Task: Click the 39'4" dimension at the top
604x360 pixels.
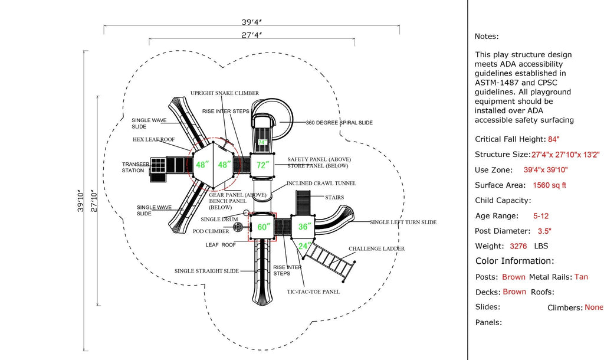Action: tap(252, 21)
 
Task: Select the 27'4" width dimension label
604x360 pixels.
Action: tap(252, 35)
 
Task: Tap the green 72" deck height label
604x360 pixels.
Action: tap(262, 165)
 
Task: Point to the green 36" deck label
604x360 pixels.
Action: tap(304, 227)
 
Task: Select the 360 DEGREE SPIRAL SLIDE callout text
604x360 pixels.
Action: tap(339, 123)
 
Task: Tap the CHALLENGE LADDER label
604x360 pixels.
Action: tap(376, 249)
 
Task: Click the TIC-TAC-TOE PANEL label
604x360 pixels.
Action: tap(313, 292)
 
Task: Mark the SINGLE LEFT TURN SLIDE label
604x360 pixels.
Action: tap(403, 222)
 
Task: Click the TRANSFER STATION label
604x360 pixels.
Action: tap(133, 167)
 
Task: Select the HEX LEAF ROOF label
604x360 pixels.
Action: tap(153, 140)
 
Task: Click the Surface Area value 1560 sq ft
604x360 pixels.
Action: tap(549, 185)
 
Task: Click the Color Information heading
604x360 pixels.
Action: tap(514, 261)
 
